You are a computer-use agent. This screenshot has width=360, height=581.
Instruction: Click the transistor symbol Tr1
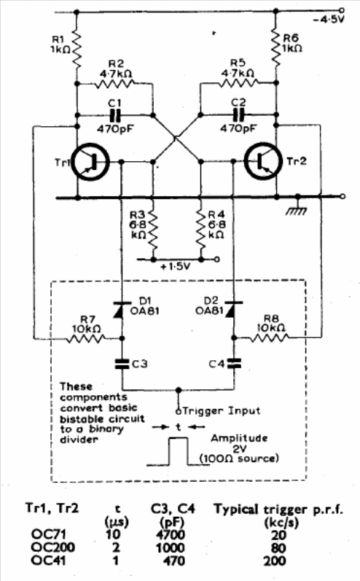pos(91,163)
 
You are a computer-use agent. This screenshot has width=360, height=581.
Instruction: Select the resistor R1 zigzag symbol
pos(77,47)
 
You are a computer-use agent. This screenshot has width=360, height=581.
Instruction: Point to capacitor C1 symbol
pos(115,116)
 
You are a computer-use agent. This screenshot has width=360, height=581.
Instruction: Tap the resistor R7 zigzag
pos(86,338)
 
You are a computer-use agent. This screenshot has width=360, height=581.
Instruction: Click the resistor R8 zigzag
pos(270,338)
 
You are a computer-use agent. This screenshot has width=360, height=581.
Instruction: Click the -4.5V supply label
pos(329,19)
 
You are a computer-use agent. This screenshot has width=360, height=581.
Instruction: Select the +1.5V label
pos(176,267)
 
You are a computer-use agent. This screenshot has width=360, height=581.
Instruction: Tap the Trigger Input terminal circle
pos(178,411)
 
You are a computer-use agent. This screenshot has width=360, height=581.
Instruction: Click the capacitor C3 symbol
pos(122,364)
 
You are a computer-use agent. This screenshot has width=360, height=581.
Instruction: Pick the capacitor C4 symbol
pos(234,363)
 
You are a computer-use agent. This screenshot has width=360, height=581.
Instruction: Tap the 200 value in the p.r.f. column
pos(275,561)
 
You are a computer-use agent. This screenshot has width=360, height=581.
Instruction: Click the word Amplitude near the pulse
pos(239,438)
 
